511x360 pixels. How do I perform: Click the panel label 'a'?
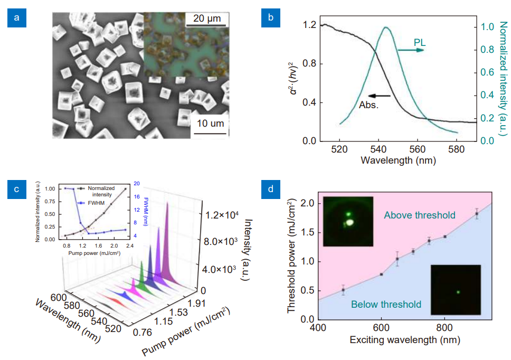pyautogui.click(x=17, y=19)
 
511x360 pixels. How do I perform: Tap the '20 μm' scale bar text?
pyautogui.click(x=206, y=19)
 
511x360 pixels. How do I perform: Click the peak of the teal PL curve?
pyautogui.click(x=386, y=27)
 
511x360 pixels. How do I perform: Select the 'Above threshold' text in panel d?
pyautogui.click(x=420, y=215)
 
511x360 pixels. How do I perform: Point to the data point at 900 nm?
pyautogui.click(x=477, y=214)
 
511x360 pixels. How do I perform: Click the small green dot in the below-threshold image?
pyautogui.click(x=458, y=292)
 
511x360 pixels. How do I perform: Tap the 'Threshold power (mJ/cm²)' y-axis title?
pyautogui.click(x=292, y=256)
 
